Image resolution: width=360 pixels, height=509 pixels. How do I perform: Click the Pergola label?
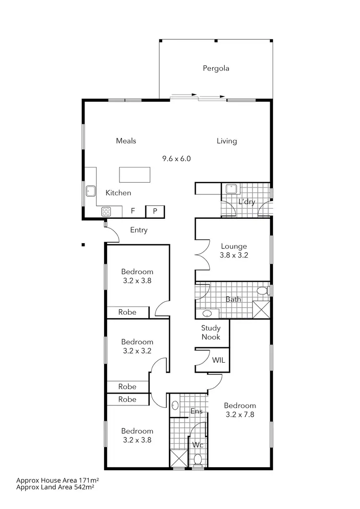point(216,68)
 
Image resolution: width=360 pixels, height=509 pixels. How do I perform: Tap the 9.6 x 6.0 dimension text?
point(177,158)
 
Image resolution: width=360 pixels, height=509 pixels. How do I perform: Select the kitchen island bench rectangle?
point(134,175)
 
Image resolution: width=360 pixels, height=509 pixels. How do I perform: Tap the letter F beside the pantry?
point(133,211)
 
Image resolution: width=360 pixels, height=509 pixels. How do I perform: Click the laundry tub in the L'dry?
point(230,189)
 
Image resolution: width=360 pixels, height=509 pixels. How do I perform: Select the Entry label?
point(139,230)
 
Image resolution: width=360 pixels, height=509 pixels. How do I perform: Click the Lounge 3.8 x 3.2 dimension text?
point(233,255)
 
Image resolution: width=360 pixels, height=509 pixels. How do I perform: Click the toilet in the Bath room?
point(262,290)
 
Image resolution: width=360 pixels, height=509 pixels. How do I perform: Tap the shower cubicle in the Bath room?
point(261,309)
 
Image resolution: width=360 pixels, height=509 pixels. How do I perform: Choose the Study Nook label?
point(211,332)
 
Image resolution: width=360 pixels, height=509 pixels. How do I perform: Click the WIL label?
point(218,360)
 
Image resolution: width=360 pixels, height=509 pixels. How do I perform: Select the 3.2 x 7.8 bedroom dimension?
point(240,414)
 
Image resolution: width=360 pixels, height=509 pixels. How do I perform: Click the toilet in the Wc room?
point(197,460)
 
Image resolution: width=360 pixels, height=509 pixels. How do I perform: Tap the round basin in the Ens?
point(175,405)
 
